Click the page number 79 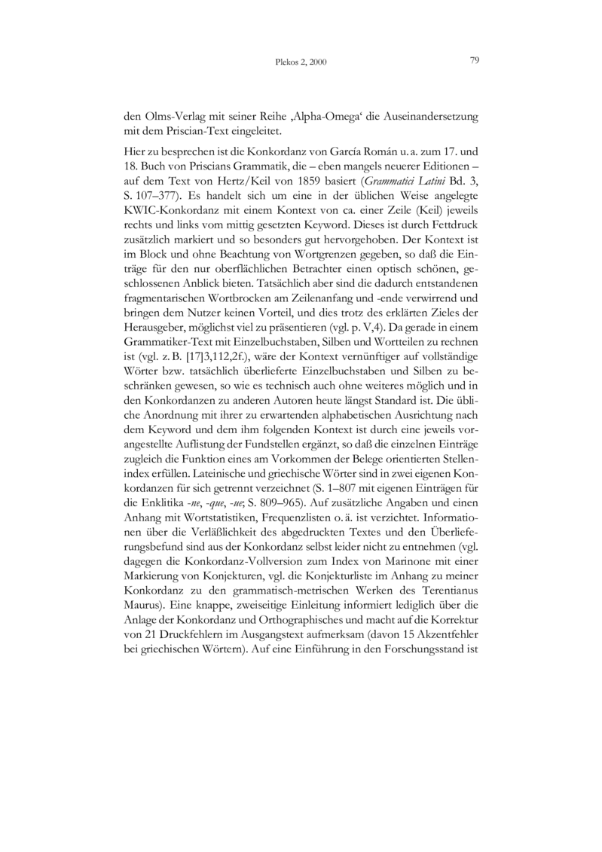coord(475,60)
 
